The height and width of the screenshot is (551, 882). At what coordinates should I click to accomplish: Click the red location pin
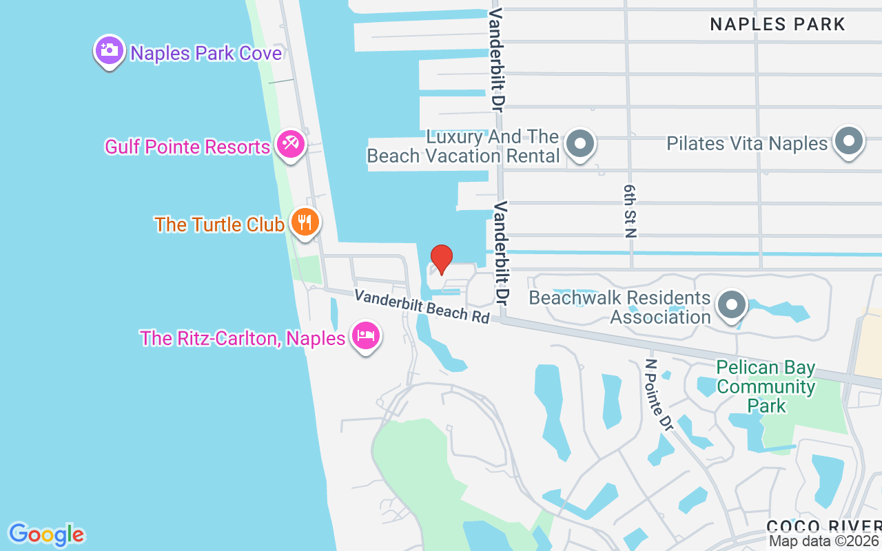(441, 259)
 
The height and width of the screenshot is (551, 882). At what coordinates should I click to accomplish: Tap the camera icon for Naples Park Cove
(110, 50)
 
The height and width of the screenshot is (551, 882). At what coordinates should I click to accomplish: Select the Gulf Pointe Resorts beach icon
(290, 145)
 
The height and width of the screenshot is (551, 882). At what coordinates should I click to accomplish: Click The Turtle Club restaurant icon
(304, 222)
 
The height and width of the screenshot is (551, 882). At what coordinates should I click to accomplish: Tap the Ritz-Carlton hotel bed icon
(366, 336)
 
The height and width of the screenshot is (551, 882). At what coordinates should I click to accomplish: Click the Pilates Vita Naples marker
(848, 141)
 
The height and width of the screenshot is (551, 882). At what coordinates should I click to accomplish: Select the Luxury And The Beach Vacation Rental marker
(580, 143)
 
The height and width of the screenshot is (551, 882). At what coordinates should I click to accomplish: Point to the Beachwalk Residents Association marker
(732, 304)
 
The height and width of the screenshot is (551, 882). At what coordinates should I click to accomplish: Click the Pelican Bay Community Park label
(766, 386)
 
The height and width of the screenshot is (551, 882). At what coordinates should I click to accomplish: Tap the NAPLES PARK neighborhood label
(777, 25)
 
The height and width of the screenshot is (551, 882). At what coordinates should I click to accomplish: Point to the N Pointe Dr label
(658, 395)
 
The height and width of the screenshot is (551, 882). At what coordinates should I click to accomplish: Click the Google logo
(46, 534)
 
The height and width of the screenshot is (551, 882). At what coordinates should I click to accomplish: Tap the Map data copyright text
(824, 541)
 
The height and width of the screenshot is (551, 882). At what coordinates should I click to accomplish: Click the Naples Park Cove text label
(206, 53)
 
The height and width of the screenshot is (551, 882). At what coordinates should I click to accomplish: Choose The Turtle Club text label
(219, 225)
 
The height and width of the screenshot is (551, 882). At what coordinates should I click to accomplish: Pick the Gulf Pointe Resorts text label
(187, 147)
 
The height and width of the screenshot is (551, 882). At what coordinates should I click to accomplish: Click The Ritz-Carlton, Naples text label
(243, 338)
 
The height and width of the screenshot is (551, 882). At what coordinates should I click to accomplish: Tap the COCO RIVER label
(823, 526)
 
